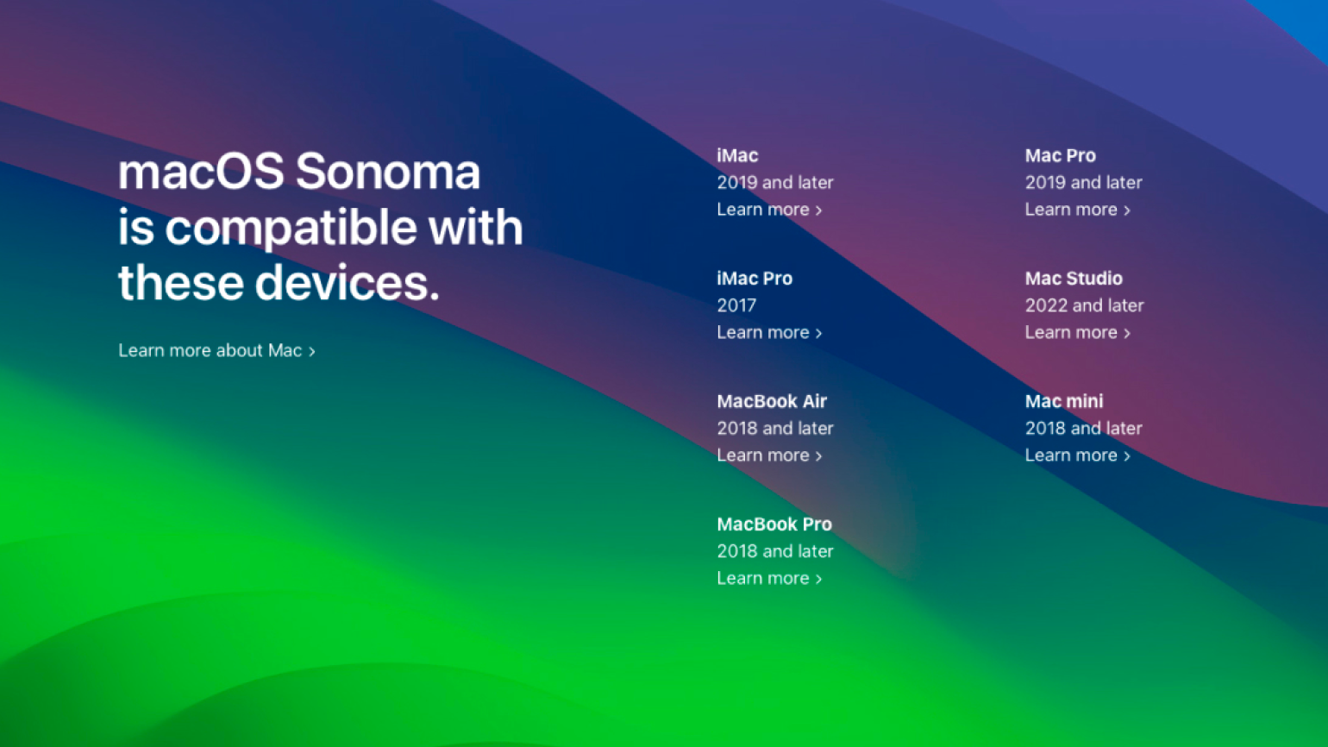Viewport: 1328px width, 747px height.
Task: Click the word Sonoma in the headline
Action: tap(388, 172)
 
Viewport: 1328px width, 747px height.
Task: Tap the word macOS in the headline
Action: tap(201, 172)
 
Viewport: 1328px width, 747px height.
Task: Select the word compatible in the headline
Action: tap(291, 228)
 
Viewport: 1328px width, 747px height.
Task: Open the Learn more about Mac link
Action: tap(217, 350)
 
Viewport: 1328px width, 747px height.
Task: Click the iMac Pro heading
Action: tap(754, 279)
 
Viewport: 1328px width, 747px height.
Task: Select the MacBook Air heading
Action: tap(771, 401)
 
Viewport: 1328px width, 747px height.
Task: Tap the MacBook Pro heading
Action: tap(774, 524)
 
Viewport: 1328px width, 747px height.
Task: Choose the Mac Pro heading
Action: tap(1060, 156)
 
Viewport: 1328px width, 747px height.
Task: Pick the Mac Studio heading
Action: tap(1074, 279)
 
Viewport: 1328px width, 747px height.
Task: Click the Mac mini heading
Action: tap(1064, 401)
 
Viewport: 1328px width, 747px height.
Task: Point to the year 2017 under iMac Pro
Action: tap(736, 305)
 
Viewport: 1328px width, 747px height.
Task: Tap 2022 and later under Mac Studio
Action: tap(1084, 305)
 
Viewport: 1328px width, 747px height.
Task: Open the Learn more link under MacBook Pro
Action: tap(769, 578)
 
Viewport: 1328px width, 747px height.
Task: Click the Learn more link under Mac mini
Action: tap(1078, 455)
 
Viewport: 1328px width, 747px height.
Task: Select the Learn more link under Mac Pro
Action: tap(1078, 210)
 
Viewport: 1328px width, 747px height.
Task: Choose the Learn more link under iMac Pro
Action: tap(769, 333)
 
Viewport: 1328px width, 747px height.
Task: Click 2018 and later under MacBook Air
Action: tap(775, 428)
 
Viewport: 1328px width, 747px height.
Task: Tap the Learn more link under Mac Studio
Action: tap(1078, 333)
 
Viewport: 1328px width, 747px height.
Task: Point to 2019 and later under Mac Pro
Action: tap(1084, 183)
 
